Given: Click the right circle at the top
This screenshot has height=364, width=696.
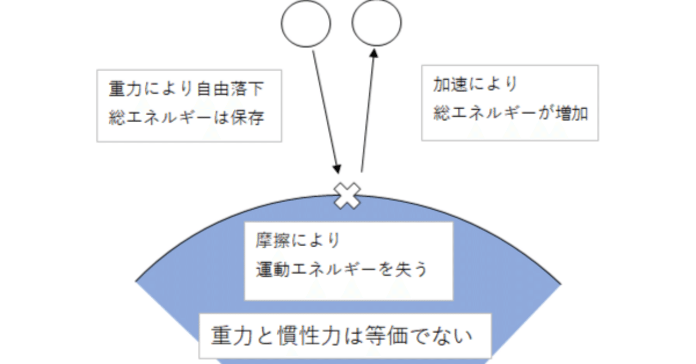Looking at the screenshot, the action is [x=376, y=23].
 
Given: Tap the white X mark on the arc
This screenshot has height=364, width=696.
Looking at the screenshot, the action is [x=347, y=196].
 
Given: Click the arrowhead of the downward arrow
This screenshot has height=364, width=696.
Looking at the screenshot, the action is [x=337, y=168].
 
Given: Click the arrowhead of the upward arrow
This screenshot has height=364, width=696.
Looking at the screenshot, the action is [x=374, y=53].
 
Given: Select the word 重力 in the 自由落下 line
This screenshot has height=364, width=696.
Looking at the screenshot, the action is [x=123, y=89].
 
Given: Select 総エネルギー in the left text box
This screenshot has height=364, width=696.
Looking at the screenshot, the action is [x=158, y=118].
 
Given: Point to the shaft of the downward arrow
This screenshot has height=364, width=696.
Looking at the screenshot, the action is [x=325, y=109].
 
